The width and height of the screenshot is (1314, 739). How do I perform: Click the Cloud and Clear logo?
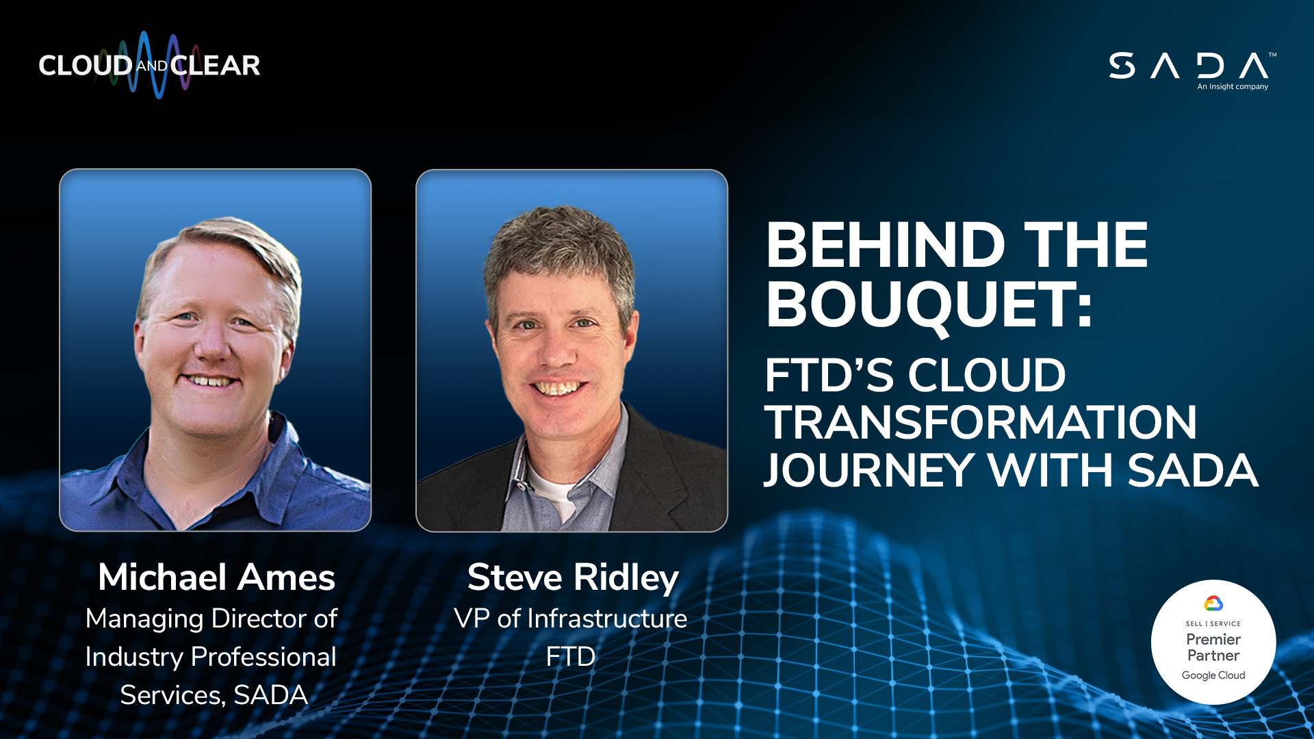click(149, 65)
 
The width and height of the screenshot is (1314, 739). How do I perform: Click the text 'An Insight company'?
click(1233, 87)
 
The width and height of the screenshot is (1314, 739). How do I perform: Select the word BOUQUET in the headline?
click(928, 305)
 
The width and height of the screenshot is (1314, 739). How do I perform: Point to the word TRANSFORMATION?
click(981, 422)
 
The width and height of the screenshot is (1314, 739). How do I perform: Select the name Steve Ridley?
click(573, 578)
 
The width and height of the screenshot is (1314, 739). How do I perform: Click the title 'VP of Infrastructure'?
click(571, 619)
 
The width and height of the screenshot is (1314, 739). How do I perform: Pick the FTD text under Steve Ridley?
click(571, 657)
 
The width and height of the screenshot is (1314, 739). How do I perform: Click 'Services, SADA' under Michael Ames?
click(214, 695)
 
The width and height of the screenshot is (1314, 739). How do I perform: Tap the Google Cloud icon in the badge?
click(1213, 604)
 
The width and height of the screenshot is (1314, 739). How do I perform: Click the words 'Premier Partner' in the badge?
click(1213, 647)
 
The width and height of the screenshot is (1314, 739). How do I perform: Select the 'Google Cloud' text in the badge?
click(1213, 675)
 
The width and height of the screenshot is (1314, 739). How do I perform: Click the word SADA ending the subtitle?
click(1193, 470)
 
